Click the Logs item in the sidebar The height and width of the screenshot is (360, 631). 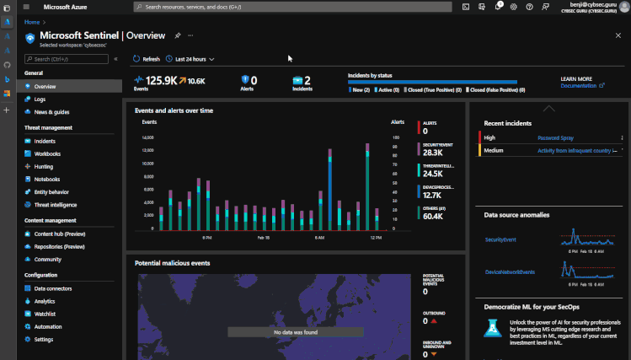click(x=40, y=99)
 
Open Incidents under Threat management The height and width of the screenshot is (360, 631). click(x=45, y=141)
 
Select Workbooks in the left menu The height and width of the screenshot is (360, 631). click(x=47, y=153)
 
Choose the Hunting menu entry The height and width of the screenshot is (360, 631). click(x=44, y=167)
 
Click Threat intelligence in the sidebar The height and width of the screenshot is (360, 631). click(x=56, y=205)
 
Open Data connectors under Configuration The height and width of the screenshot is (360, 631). click(x=52, y=288)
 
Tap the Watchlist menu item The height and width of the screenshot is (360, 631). click(x=45, y=314)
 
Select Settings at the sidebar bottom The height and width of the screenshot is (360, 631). click(x=44, y=339)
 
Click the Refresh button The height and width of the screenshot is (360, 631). click(x=147, y=59)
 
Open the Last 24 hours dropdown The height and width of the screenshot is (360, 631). click(x=191, y=59)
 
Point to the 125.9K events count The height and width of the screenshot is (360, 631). click(x=159, y=81)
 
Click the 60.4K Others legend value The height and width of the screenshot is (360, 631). click(x=433, y=217)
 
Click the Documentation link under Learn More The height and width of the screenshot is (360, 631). click(x=579, y=85)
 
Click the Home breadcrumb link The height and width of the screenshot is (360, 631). click(x=33, y=22)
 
